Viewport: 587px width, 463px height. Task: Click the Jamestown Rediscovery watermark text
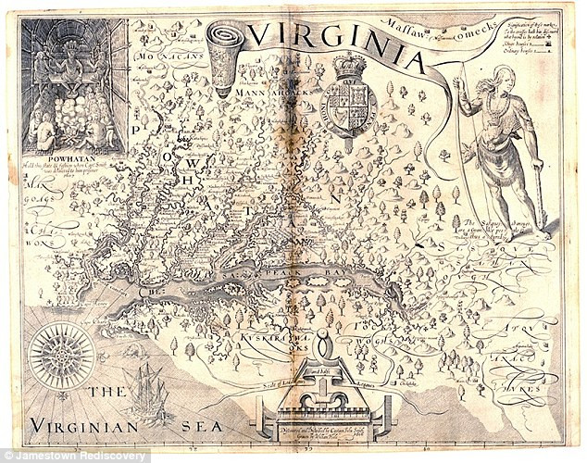74,456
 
